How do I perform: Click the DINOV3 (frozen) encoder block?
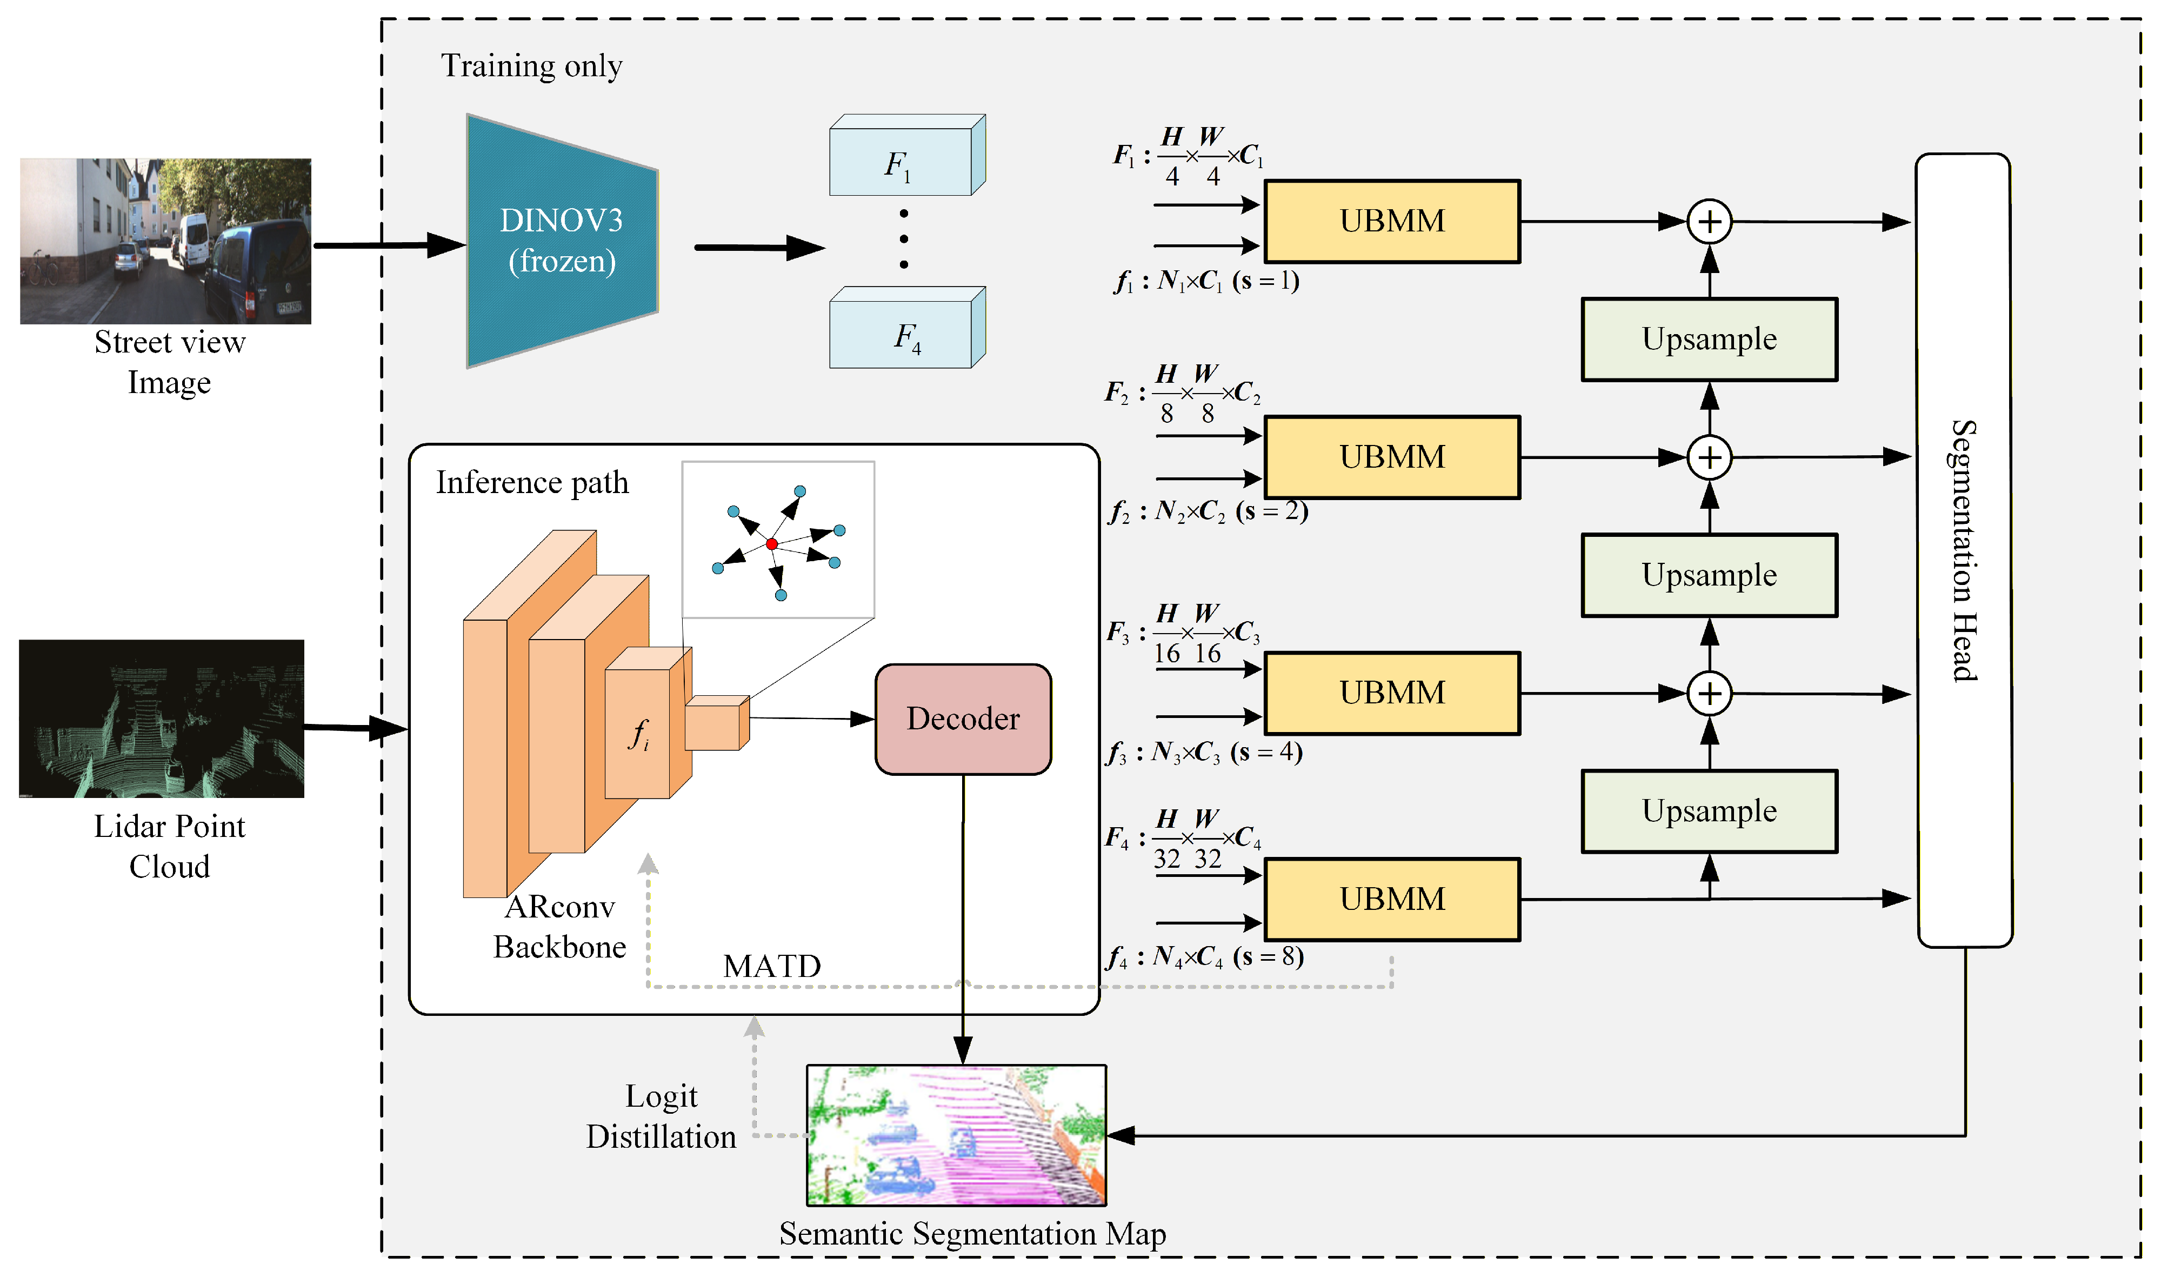point(562,241)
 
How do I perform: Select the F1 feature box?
point(901,163)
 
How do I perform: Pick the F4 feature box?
point(901,336)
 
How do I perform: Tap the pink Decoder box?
point(963,719)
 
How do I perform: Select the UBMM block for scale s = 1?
point(1392,221)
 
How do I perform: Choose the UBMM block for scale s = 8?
point(1392,899)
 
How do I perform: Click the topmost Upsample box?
point(1709,339)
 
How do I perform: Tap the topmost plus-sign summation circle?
point(1709,222)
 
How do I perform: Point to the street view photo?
point(165,241)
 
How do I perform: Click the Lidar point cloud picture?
point(162,719)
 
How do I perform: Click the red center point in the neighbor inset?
point(772,544)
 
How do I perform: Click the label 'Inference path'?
point(532,483)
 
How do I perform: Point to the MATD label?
point(772,966)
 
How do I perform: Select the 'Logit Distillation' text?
point(661,1116)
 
